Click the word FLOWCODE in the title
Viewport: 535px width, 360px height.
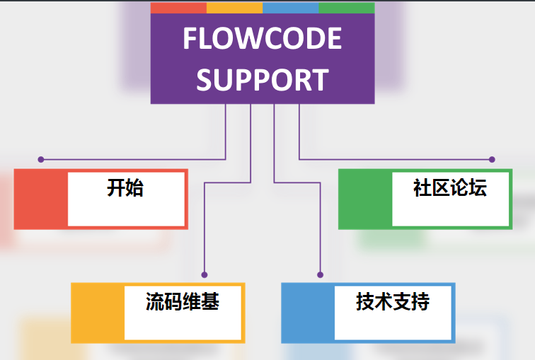pyautogui.click(x=262, y=39)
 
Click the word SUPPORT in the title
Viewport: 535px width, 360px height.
pyautogui.click(x=262, y=79)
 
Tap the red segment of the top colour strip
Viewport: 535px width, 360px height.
pyautogui.click(x=178, y=8)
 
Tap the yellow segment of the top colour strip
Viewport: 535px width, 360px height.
pyautogui.click(x=234, y=8)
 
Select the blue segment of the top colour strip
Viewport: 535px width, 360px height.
pyautogui.click(x=290, y=8)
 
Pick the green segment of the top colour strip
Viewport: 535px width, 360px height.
pyautogui.click(x=346, y=8)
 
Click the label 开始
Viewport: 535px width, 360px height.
pyautogui.click(x=125, y=188)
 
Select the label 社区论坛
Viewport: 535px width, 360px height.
pyautogui.click(x=449, y=188)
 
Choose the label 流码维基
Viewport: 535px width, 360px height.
pyautogui.click(x=183, y=302)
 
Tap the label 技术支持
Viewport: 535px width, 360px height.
pyautogui.click(x=393, y=302)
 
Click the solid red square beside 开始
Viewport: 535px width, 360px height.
pyautogui.click(x=41, y=199)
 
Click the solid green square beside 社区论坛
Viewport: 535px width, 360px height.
pyautogui.click(x=365, y=199)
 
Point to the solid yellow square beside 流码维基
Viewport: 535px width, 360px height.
pyautogui.click(x=98, y=313)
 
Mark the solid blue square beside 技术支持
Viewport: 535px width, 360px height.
pyautogui.click(x=308, y=313)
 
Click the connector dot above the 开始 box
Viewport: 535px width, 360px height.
pyautogui.click(x=40, y=159)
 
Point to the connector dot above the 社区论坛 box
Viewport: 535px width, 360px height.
pyautogui.click(x=492, y=159)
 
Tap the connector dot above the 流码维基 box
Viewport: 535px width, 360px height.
pyautogui.click(x=205, y=274)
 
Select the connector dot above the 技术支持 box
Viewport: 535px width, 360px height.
pyautogui.click(x=320, y=274)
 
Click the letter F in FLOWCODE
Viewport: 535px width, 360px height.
pyautogui.click(x=190, y=39)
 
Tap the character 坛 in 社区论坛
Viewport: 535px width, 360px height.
pyautogui.click(x=478, y=188)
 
